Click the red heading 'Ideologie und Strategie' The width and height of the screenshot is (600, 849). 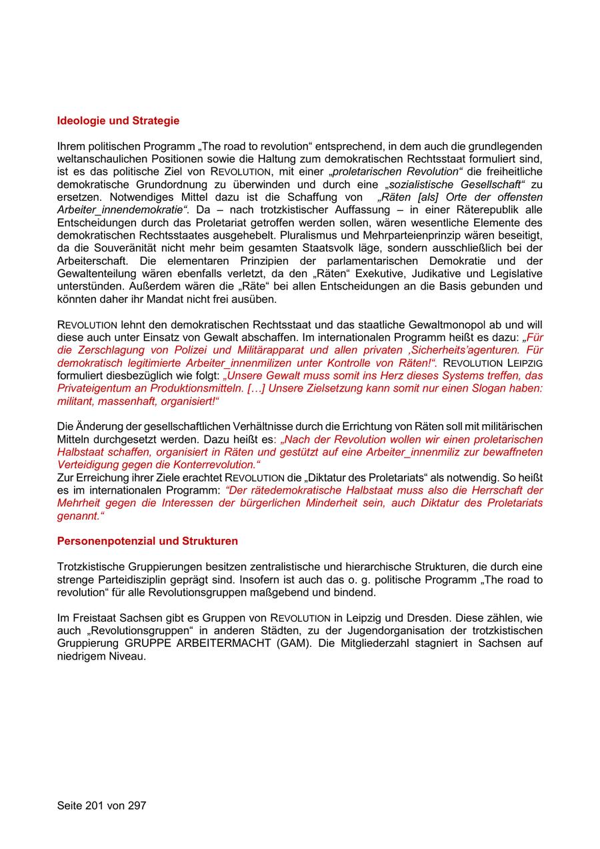click(x=118, y=121)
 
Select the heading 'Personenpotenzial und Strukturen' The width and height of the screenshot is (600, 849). click(x=147, y=541)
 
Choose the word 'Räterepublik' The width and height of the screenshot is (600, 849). click(x=476, y=210)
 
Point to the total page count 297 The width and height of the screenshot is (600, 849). click(x=136, y=806)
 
